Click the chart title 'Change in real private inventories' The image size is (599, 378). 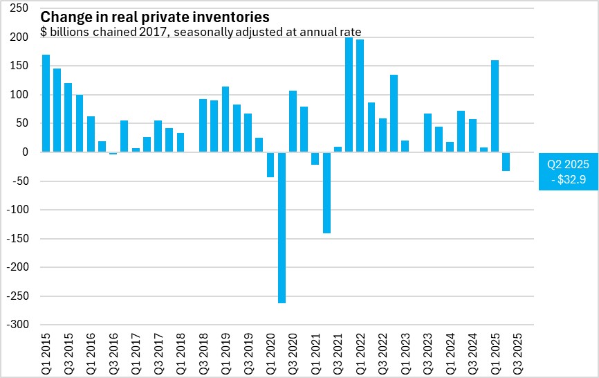click(x=155, y=16)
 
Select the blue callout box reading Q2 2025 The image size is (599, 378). click(x=567, y=172)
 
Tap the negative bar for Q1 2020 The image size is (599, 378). click(x=270, y=164)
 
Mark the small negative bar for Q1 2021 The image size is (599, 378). click(x=315, y=158)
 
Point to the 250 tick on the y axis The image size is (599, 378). click(x=19, y=8)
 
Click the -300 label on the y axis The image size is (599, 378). click(x=17, y=325)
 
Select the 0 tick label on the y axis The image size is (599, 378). click(x=25, y=152)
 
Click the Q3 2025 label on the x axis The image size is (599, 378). click(x=517, y=351)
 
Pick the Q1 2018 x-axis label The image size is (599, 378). click(x=181, y=351)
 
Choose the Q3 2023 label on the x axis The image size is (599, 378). click(x=427, y=351)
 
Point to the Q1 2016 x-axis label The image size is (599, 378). click(x=91, y=351)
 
